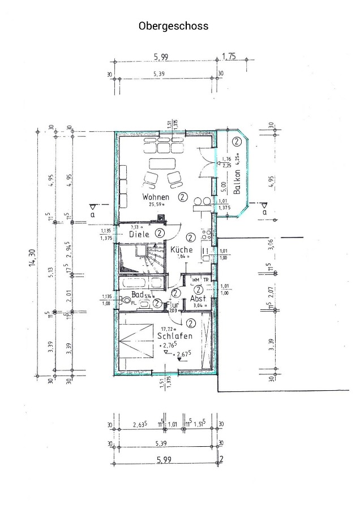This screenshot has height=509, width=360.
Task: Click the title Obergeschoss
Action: [x=173, y=26]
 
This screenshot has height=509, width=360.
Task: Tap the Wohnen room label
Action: [x=156, y=197]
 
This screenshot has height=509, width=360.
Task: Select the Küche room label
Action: [x=181, y=249]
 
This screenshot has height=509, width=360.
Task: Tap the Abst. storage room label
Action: [x=198, y=299]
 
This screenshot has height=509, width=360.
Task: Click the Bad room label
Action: [x=137, y=295]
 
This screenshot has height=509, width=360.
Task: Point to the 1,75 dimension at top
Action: [x=229, y=56]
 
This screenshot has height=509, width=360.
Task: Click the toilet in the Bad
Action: [x=121, y=300]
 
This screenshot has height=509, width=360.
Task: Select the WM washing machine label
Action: [x=196, y=280]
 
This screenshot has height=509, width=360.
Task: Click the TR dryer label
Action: [x=207, y=280]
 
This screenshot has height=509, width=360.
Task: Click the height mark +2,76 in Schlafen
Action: [x=168, y=344]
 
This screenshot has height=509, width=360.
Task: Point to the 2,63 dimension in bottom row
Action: [x=139, y=425]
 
